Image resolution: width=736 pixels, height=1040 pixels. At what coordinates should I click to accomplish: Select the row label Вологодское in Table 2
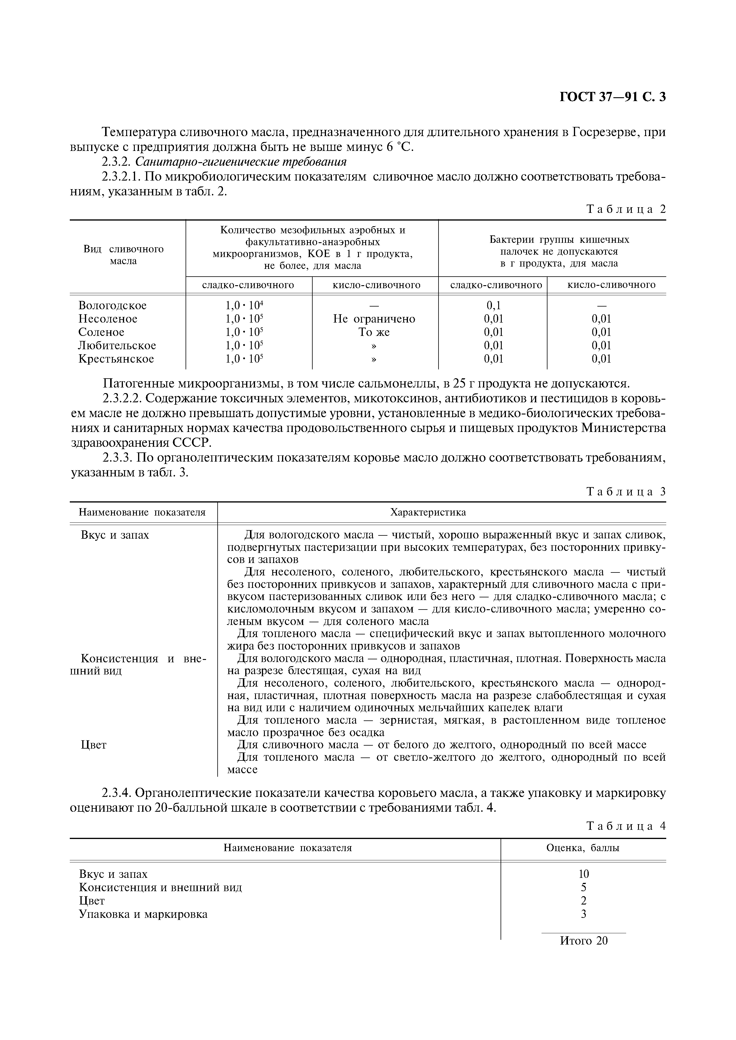[x=113, y=305]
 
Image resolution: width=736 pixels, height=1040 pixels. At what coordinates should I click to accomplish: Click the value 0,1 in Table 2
[x=493, y=305]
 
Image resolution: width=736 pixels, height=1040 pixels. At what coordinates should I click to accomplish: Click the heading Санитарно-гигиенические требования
[x=241, y=162]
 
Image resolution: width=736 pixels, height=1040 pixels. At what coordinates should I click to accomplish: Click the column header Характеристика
[x=428, y=512]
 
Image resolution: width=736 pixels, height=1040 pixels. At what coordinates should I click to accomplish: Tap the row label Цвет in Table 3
[x=94, y=745]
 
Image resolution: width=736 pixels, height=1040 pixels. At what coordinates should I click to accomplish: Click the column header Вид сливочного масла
[x=123, y=255]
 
